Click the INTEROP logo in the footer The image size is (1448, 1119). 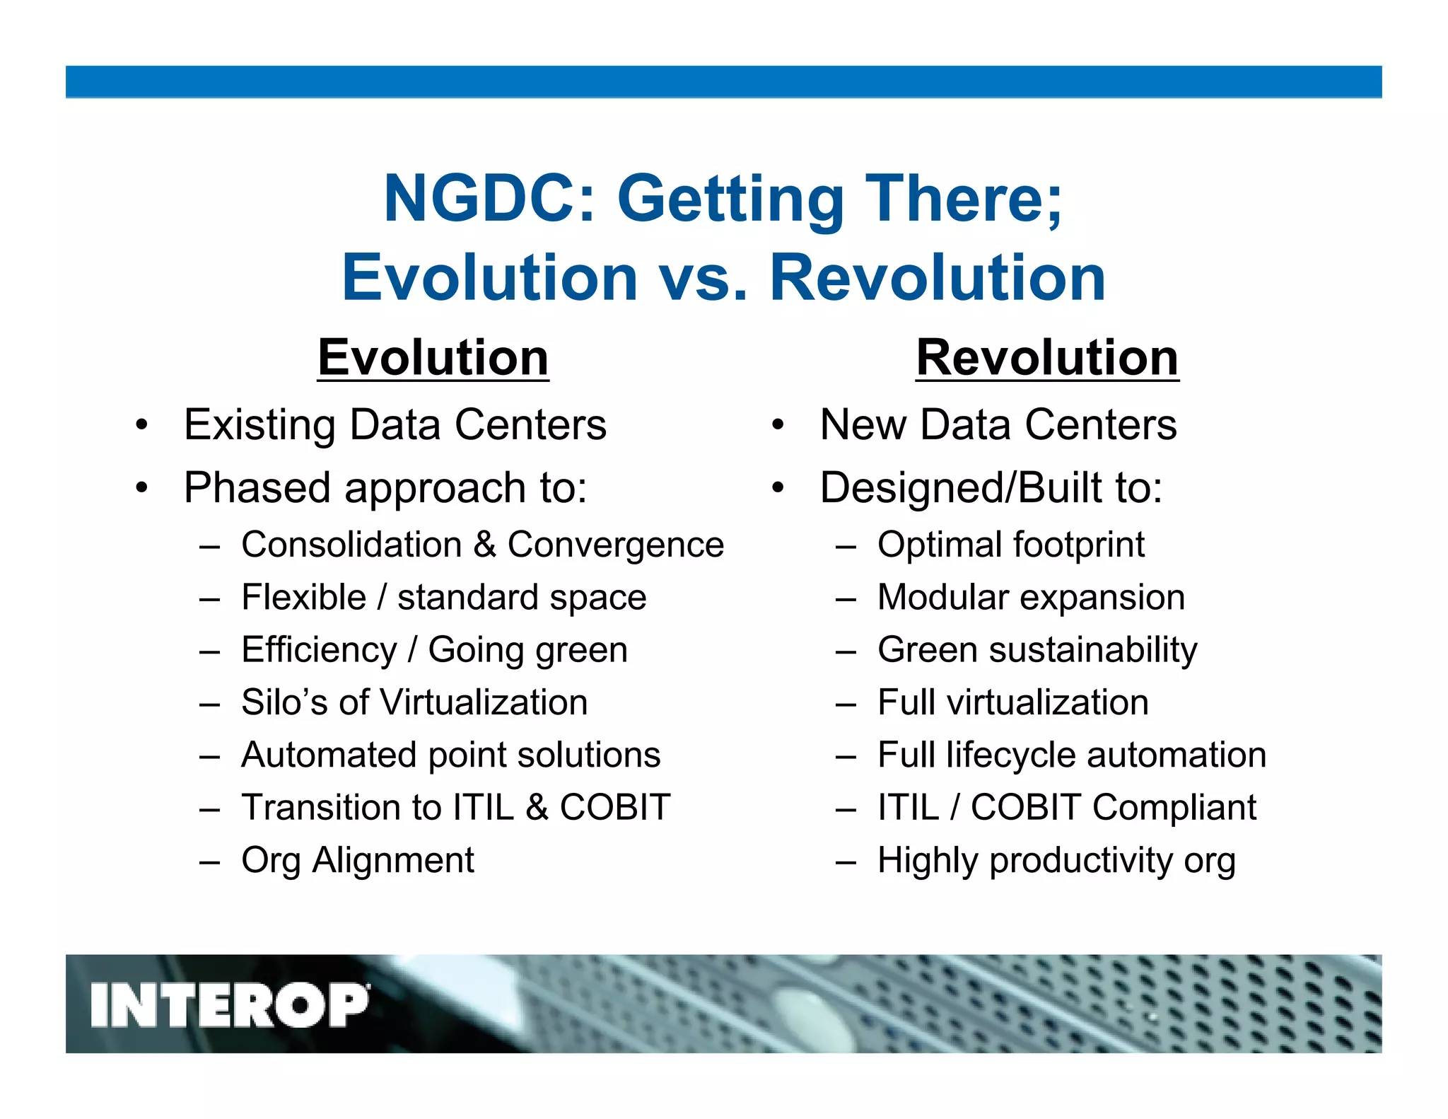coord(230,1004)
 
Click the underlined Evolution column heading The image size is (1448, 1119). coord(433,358)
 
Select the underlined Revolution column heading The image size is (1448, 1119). coord(1047,358)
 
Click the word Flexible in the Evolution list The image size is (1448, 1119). coord(304,598)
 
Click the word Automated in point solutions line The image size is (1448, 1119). coord(328,755)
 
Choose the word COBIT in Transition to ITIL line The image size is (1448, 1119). coord(615,808)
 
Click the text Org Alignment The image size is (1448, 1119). coord(358,861)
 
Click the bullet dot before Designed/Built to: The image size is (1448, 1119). coord(778,488)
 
